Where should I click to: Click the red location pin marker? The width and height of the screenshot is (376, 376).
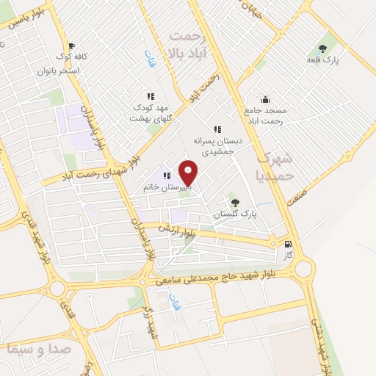click(x=189, y=172)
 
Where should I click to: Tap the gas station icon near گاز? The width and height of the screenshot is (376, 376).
click(x=286, y=245)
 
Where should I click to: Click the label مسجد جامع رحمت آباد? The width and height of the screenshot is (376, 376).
click(x=265, y=115)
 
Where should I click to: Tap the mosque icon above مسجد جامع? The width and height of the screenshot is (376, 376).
click(x=264, y=100)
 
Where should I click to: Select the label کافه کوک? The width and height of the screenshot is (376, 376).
click(x=74, y=56)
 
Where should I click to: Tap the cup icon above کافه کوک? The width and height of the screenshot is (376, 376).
click(x=70, y=44)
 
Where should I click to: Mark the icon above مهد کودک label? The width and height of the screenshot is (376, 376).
click(x=151, y=96)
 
